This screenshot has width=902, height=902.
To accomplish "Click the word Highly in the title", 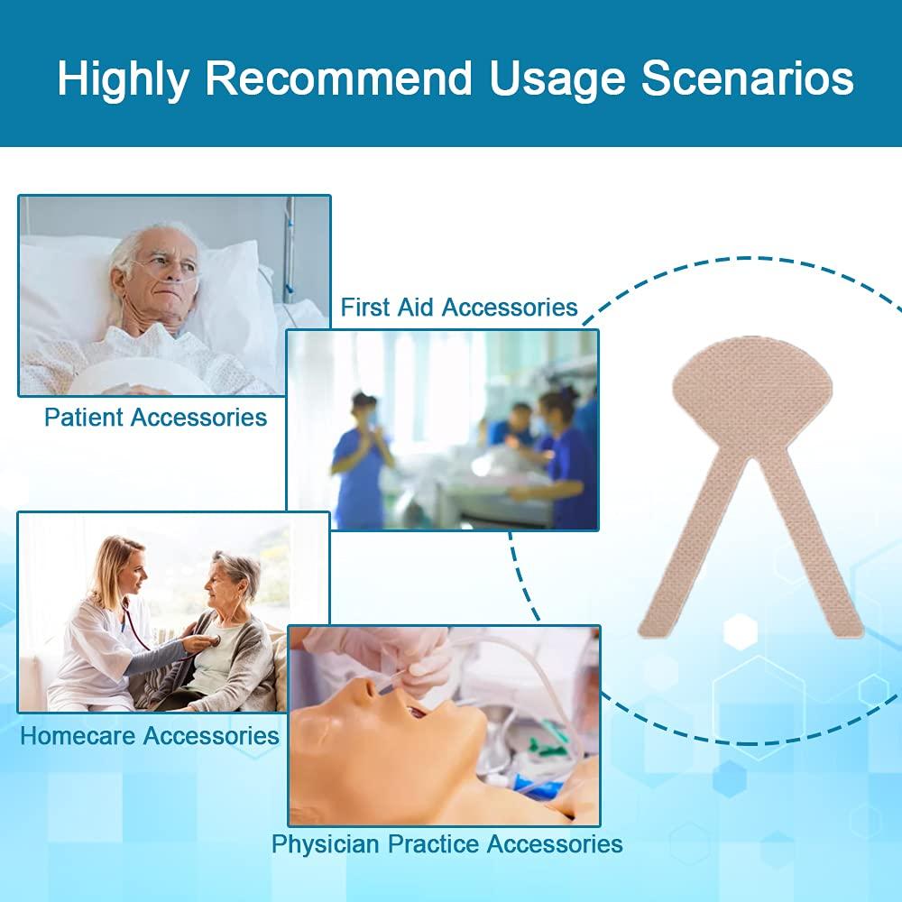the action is tap(123, 79).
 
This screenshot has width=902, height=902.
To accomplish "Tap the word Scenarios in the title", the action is tap(747, 78).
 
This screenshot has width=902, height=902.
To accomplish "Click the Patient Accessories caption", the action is tap(155, 417).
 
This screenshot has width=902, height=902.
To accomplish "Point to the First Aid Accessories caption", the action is tap(459, 308).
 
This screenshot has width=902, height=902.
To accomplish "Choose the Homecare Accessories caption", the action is tap(150, 735).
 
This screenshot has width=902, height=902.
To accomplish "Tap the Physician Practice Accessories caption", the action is tap(447, 844).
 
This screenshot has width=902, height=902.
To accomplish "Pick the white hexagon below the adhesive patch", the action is tap(740, 631).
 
